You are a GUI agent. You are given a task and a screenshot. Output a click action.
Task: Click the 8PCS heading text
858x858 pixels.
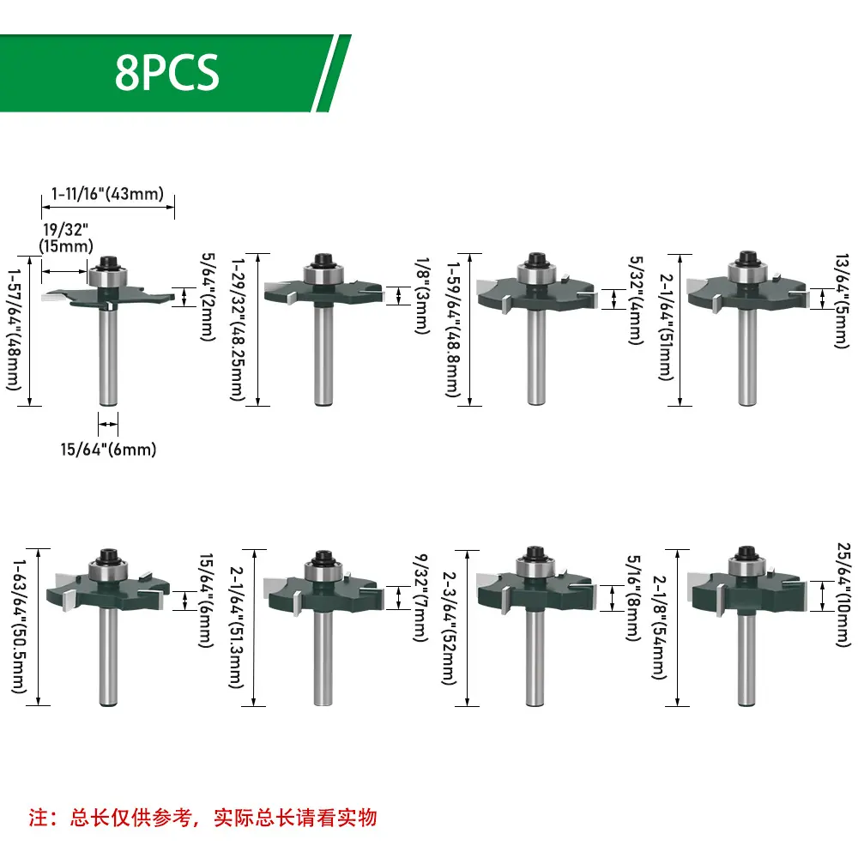click(167, 72)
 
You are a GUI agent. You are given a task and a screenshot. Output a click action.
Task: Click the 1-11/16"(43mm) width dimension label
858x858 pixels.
click(108, 194)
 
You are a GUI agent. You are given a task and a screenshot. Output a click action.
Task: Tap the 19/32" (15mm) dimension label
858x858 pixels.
click(66, 238)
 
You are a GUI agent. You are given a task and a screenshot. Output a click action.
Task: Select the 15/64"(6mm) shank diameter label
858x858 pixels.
click(108, 450)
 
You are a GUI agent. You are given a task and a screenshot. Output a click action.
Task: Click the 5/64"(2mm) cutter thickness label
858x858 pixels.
click(208, 297)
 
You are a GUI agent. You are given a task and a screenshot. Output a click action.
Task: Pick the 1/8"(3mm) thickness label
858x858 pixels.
click(422, 295)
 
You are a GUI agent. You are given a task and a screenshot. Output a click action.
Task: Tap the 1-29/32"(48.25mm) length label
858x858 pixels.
click(238, 330)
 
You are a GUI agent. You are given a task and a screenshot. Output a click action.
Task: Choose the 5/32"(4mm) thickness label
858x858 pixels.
click(635, 299)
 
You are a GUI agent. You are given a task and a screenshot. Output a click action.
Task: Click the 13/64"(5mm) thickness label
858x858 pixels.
click(842, 300)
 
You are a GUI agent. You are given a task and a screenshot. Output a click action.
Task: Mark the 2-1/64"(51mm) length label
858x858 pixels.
click(666, 327)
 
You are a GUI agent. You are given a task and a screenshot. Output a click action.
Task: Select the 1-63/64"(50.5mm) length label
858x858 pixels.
click(19, 626)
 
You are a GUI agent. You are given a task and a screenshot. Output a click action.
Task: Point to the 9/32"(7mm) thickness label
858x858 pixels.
click(420, 597)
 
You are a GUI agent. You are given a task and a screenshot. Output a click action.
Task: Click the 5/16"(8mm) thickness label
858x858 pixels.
click(633, 597)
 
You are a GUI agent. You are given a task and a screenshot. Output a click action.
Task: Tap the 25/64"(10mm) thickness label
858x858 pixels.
click(844, 595)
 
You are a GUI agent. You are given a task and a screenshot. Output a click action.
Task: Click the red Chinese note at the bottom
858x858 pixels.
click(203, 818)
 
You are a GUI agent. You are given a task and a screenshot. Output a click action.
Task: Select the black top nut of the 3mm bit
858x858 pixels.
click(324, 259)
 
